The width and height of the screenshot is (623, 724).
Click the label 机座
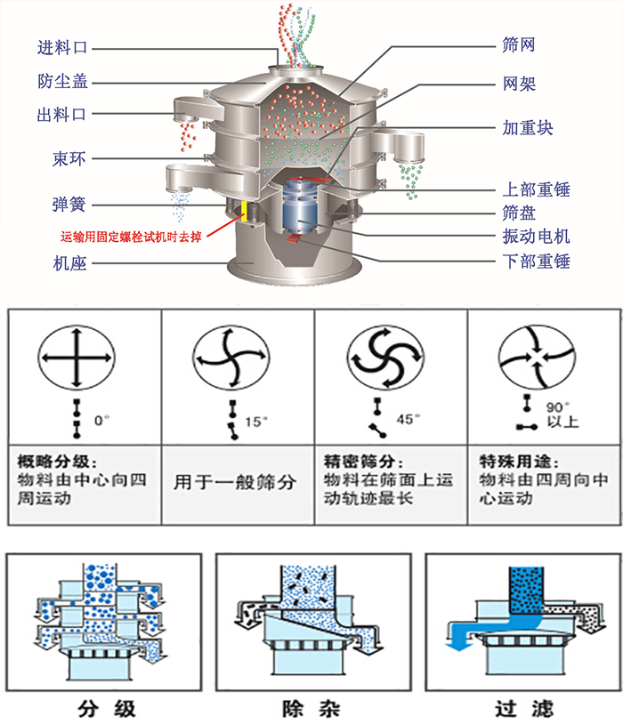[x=69, y=263]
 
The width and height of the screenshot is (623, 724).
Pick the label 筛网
[x=519, y=44]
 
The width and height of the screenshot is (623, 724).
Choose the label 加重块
[x=528, y=128]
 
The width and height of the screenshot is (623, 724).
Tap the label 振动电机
[x=536, y=237]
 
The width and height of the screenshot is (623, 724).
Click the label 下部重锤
[x=536, y=261]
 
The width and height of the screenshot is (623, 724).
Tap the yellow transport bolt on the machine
[x=243, y=211]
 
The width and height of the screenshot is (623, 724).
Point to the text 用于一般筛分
[x=234, y=483]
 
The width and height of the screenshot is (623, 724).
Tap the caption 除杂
[x=311, y=709]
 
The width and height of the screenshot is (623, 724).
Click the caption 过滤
[x=523, y=709]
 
